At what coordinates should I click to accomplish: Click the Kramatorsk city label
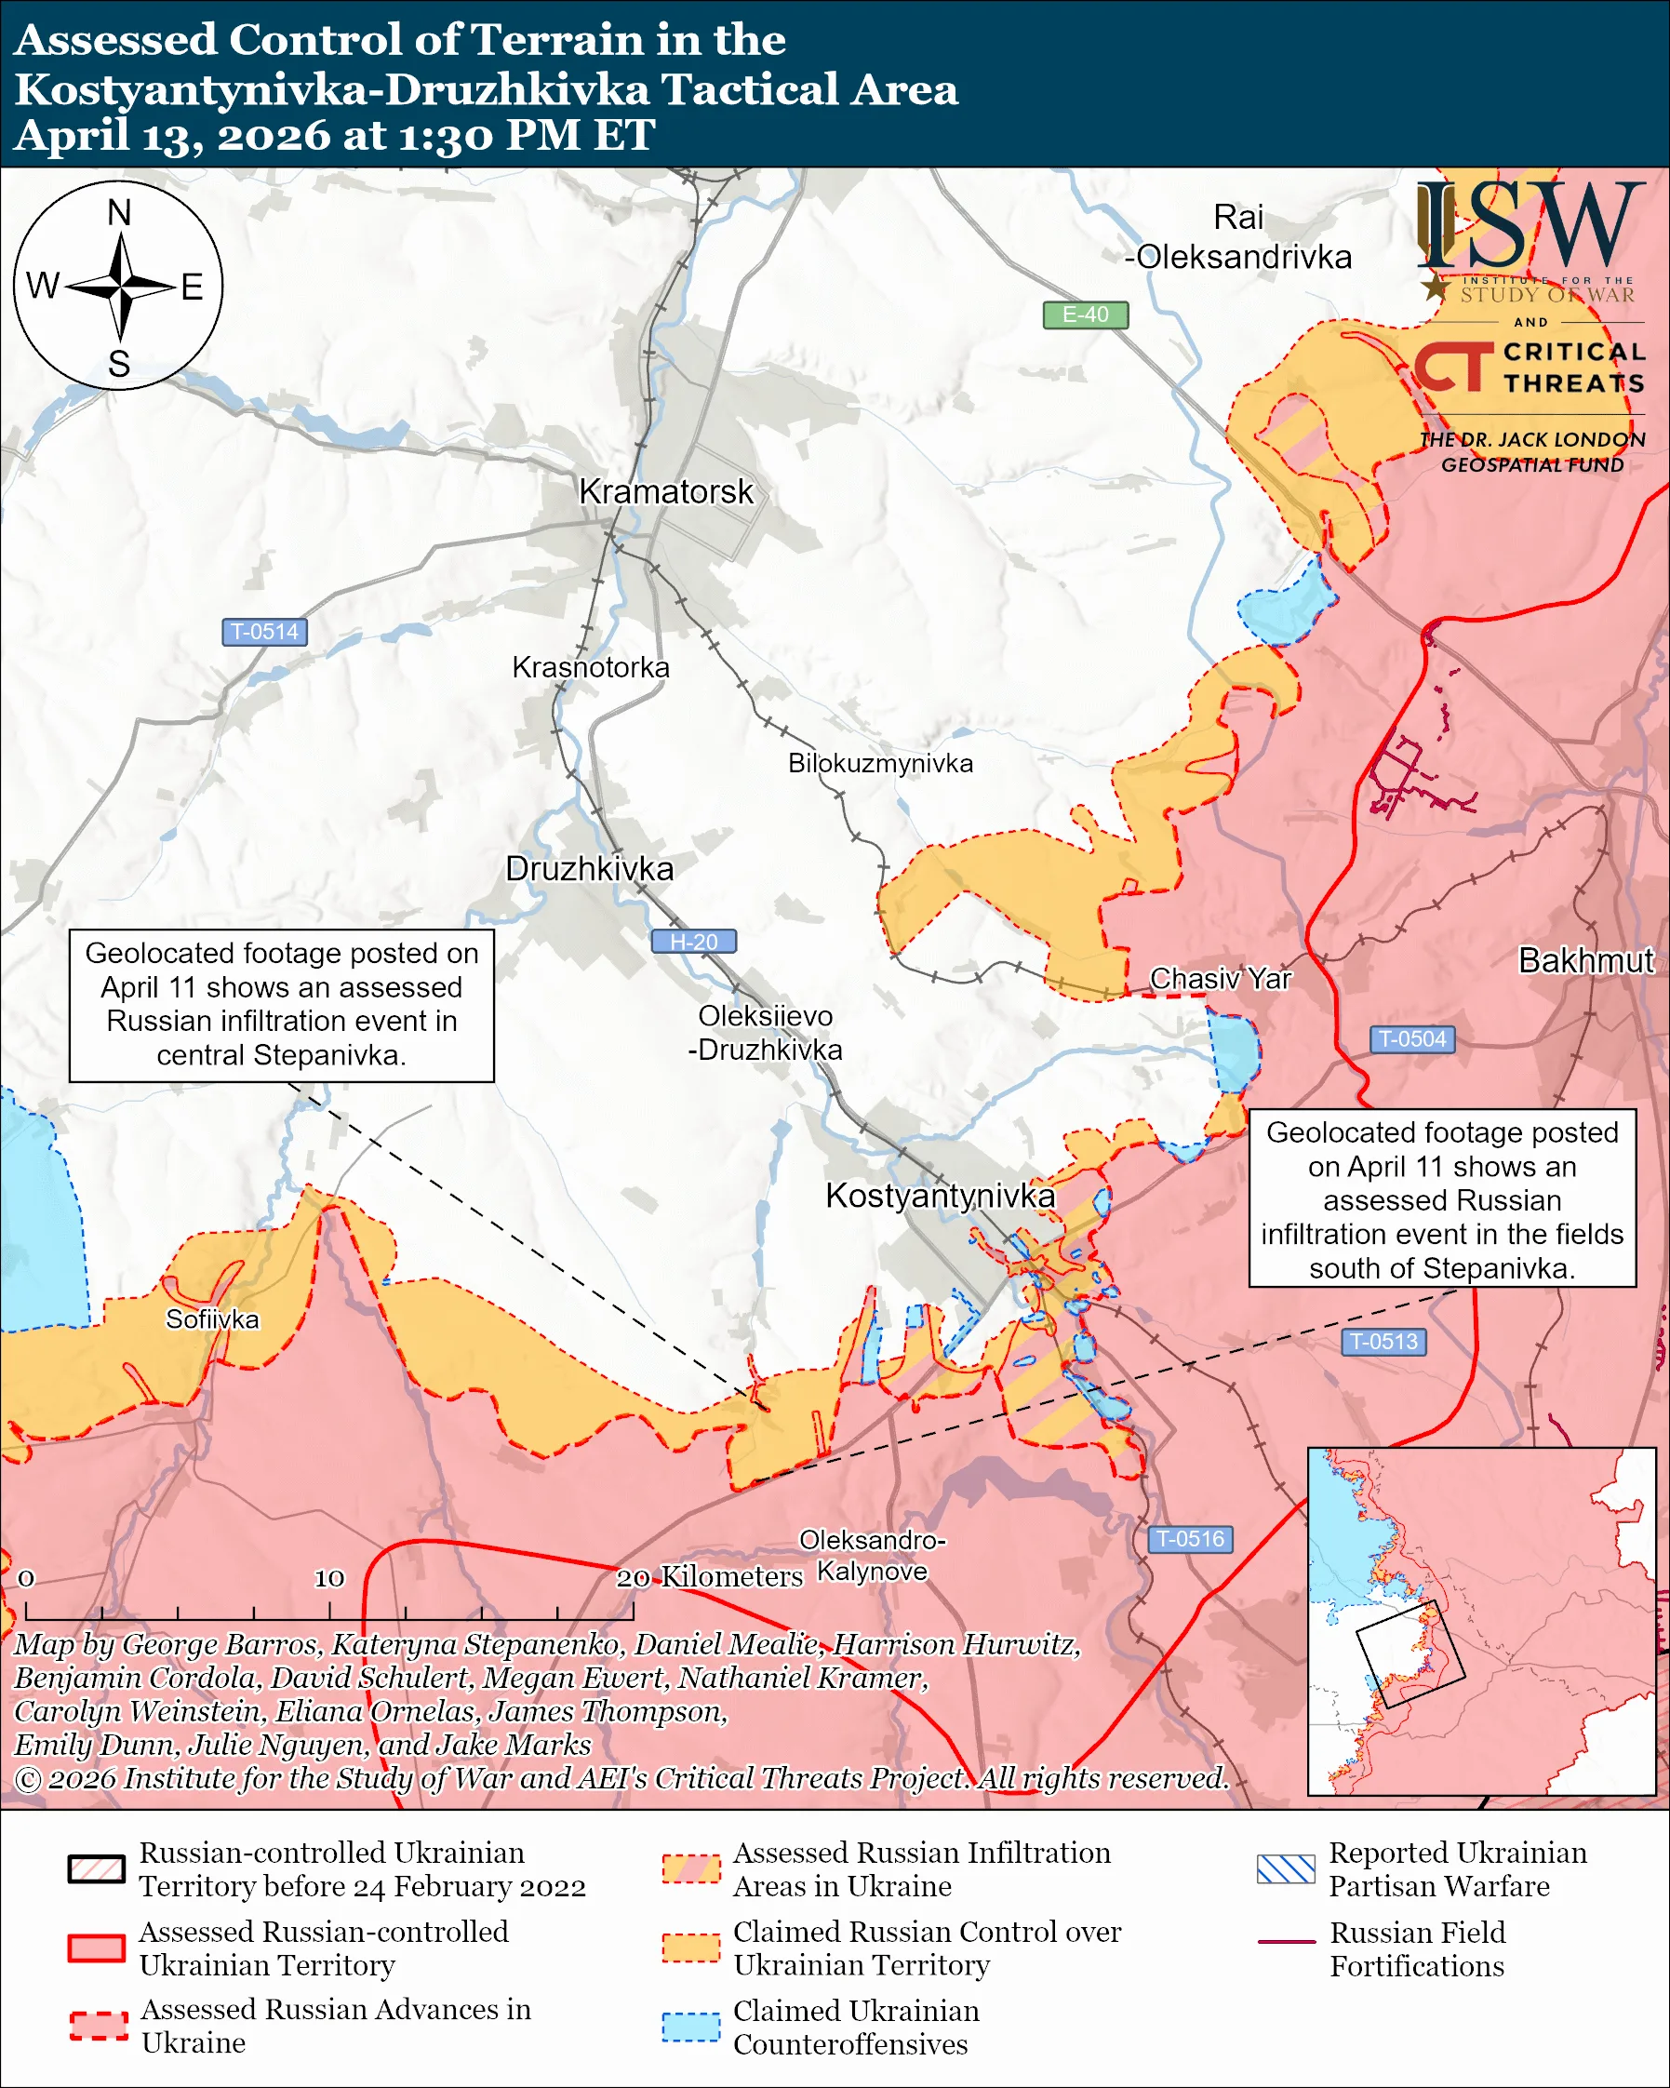(665, 492)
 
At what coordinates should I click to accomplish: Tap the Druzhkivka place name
(589, 869)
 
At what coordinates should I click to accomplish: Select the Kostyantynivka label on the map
(939, 1195)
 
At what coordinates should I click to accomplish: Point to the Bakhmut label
(1584, 960)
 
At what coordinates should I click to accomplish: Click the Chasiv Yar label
(1220, 979)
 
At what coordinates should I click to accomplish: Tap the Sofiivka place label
(212, 1319)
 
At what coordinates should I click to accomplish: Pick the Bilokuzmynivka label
(879, 763)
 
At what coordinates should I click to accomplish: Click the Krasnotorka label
(590, 667)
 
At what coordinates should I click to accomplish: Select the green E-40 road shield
(1084, 315)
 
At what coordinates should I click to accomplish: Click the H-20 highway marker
(693, 942)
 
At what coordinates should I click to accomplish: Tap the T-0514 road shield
(264, 632)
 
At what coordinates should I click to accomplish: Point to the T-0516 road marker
(1190, 1539)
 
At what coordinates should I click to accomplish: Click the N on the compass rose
(119, 212)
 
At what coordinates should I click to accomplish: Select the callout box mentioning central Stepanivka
(281, 1004)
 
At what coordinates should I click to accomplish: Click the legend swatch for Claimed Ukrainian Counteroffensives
(690, 2027)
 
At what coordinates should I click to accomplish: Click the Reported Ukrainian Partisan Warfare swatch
(1286, 1868)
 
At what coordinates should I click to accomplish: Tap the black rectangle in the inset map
(1409, 1655)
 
